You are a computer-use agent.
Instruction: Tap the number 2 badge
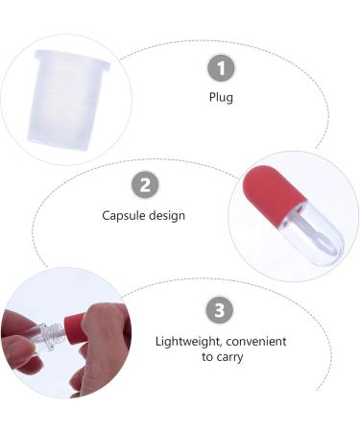pyautogui.click(x=144, y=185)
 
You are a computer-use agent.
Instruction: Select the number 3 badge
pyautogui.click(x=221, y=311)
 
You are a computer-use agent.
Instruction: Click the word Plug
pyautogui.click(x=222, y=97)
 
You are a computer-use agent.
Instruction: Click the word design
pyautogui.click(x=168, y=216)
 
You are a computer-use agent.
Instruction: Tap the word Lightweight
pyautogui.click(x=188, y=342)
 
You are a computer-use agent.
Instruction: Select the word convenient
pyautogui.click(x=255, y=342)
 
